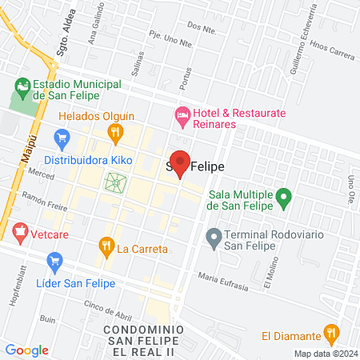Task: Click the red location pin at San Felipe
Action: tap(181, 163)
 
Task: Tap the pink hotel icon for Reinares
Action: tap(183, 116)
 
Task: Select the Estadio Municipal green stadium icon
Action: tap(22, 86)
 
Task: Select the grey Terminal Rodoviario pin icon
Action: tap(214, 237)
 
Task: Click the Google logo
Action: tap(26, 350)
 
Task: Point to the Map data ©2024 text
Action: tap(325, 354)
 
